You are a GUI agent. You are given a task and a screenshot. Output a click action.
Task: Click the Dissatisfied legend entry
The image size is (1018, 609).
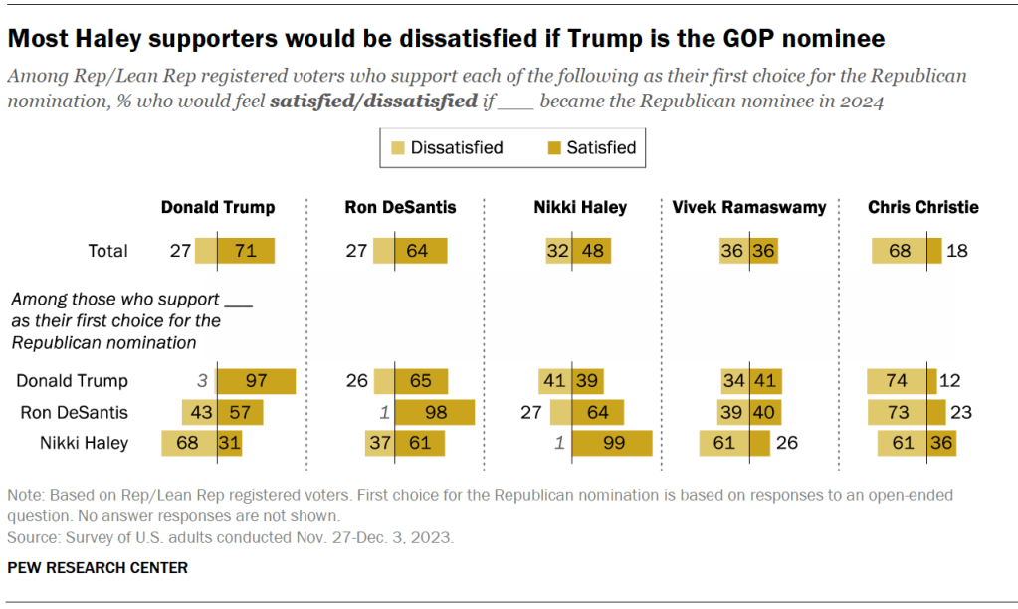pos(445,148)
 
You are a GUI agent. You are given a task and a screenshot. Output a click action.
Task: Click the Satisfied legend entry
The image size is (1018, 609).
pos(590,148)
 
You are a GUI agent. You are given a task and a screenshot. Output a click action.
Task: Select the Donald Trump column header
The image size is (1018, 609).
pos(218,208)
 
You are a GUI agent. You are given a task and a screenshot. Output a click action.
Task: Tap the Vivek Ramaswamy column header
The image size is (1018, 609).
pos(747,208)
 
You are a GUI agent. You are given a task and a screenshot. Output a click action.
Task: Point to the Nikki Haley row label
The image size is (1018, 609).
pos(86,443)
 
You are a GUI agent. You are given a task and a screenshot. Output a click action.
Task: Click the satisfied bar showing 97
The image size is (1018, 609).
pos(257,381)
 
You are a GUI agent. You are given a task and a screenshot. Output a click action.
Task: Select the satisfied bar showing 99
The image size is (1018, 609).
pos(612,443)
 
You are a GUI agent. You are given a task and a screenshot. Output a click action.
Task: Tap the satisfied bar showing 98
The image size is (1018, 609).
pos(435,412)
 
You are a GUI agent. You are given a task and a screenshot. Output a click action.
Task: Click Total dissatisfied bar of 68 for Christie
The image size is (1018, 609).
pos(900,251)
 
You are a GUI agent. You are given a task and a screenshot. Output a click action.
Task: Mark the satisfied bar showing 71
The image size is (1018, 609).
pos(246,251)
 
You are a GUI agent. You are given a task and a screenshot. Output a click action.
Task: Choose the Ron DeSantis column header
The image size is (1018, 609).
pos(400,208)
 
